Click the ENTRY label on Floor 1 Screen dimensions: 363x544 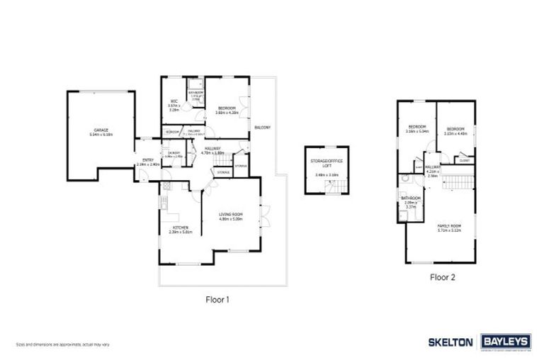click(148, 160)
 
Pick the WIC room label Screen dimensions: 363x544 click(174, 102)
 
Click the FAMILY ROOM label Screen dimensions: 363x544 click(448, 225)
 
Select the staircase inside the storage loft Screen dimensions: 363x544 click(331, 186)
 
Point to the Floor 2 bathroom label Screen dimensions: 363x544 click(411, 198)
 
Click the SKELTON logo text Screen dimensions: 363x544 click(450, 342)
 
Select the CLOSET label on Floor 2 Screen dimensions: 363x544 click(465, 161)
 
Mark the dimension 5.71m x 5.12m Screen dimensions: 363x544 click(448, 230)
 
